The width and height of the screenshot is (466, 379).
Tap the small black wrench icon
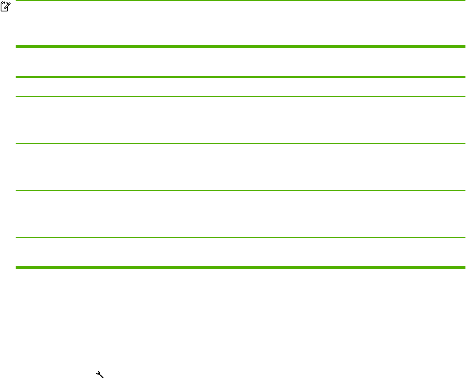pyautogui.click(x=98, y=374)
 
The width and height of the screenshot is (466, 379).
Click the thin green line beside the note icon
pyautogui.click(x=240, y=1)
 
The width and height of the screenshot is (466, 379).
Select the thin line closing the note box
pyautogui.click(x=240, y=25)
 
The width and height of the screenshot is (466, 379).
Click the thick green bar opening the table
pyautogui.click(x=240, y=47)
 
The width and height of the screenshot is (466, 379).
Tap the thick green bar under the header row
pyautogui.click(x=240, y=77)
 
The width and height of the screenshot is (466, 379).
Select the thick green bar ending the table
pyautogui.click(x=240, y=267)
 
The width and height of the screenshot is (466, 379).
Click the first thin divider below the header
pyautogui.click(x=240, y=97)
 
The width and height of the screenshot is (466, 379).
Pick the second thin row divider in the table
pyautogui.click(x=240, y=115)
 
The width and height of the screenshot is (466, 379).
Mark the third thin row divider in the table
pyautogui.click(x=240, y=144)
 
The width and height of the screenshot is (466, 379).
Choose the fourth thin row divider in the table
pyautogui.click(x=240, y=172)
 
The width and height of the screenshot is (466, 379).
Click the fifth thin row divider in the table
pyautogui.click(x=240, y=190)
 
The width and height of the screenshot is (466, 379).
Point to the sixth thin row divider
pyautogui.click(x=240, y=219)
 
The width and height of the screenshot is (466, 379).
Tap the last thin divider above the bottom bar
pyautogui.click(x=240, y=237)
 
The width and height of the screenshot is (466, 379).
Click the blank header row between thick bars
pyautogui.click(x=240, y=62)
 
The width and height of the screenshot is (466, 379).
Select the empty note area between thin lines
pyautogui.click(x=240, y=13)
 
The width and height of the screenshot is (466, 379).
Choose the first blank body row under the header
pyautogui.click(x=240, y=87)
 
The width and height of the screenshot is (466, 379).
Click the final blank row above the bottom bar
pyautogui.click(x=240, y=252)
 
